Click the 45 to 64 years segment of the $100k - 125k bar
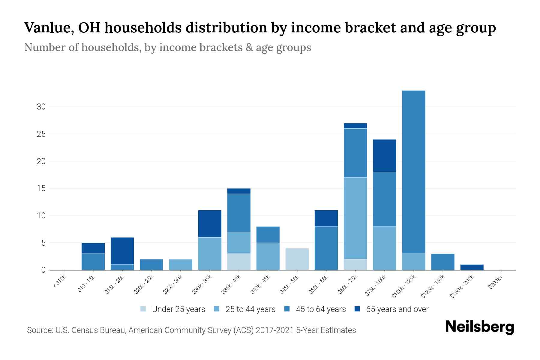(413, 172)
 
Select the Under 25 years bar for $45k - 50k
(297, 259)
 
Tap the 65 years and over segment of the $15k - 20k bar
(122, 251)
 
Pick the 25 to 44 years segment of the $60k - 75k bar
(355, 218)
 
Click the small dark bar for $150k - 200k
(472, 267)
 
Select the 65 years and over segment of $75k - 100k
(384, 156)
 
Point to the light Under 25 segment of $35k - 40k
(239, 262)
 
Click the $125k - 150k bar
(442, 262)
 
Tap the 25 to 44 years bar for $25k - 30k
(180, 264)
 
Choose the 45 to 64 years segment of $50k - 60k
(326, 248)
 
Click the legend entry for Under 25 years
(173, 309)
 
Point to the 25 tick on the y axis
(41, 134)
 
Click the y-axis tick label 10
(41, 216)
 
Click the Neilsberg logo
(479, 327)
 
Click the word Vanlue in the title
(48, 28)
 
